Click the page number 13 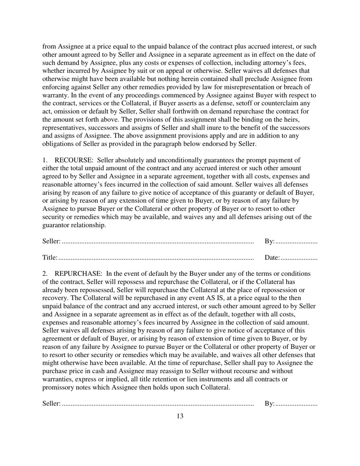coord(180,416)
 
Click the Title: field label coord(50,258)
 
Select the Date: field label coord(272,258)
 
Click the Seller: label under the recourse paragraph coord(51,241)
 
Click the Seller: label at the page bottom coord(51,404)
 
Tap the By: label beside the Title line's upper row coord(269,241)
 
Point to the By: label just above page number coord(269,404)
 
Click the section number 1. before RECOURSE coord(45,160)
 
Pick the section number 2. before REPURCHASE coord(45,274)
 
